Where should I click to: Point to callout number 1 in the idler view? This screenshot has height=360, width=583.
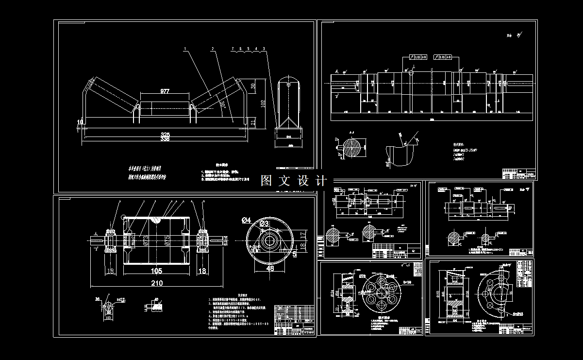click(185, 49)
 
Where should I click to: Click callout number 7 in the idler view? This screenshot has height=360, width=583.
click(233, 49)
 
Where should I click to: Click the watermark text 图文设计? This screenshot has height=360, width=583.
click(294, 181)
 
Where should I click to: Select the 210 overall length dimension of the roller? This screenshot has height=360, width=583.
click(157, 283)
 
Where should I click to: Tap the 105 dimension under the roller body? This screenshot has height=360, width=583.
click(156, 271)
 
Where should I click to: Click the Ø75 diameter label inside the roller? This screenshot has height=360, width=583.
click(167, 241)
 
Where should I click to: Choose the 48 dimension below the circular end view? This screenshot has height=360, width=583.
click(270, 267)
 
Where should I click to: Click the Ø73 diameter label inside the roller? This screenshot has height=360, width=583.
click(144, 240)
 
